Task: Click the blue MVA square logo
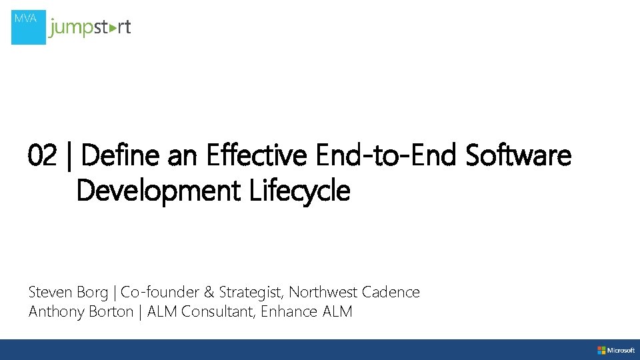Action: [x=29, y=27]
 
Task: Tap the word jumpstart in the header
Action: [x=90, y=28]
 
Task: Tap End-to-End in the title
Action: [x=386, y=156]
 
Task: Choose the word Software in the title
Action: [x=518, y=156]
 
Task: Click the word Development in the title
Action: [x=158, y=191]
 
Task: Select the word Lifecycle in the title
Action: [x=299, y=191]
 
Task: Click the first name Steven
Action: [x=51, y=292]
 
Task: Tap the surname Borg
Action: [x=93, y=293]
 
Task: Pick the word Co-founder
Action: [x=159, y=292]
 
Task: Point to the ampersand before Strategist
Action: [x=209, y=292]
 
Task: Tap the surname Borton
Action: [x=110, y=311]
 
